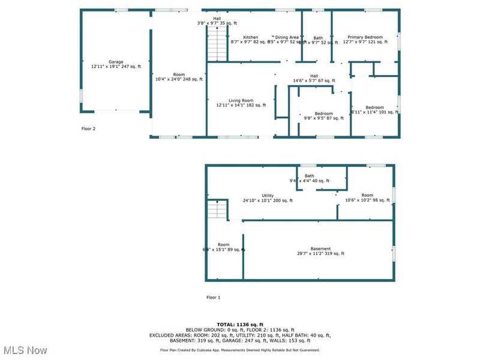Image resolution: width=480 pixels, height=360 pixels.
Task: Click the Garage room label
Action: pos(116,64)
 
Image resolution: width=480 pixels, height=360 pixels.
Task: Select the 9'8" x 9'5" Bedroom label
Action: pos(324,116)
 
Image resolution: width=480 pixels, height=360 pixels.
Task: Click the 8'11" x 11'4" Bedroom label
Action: pos(374,109)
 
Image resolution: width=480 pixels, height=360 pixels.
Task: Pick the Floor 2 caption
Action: pos(88,128)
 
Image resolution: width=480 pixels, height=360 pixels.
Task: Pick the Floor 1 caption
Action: pos(214,298)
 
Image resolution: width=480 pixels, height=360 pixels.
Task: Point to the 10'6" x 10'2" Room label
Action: pos(367,197)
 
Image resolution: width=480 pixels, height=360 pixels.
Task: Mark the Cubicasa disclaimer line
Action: pos(239,350)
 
